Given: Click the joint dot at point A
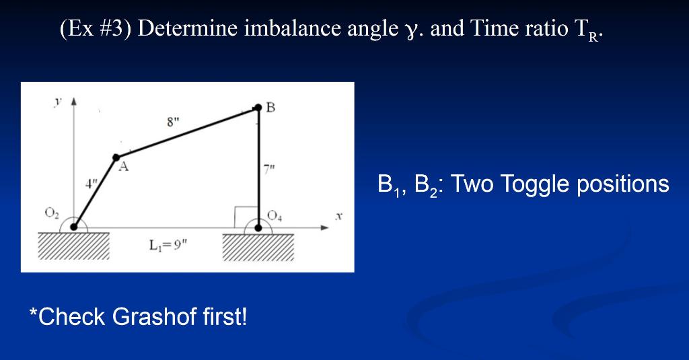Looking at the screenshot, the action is pyautogui.click(x=116, y=157).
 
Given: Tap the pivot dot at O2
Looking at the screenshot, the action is pyautogui.click(x=73, y=227).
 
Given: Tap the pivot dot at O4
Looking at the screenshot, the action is pyautogui.click(x=258, y=227).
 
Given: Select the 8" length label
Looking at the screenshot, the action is pyautogui.click(x=173, y=122).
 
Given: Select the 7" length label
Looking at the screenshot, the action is pyautogui.click(x=269, y=169).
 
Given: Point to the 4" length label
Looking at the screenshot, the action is pyautogui.click(x=91, y=183).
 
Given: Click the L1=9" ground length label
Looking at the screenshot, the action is pyautogui.click(x=168, y=245).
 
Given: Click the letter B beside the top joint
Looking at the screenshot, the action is pyautogui.click(x=270, y=107).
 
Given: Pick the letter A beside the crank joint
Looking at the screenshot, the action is pyautogui.click(x=124, y=167).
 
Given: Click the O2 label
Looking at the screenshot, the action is pyautogui.click(x=51, y=213).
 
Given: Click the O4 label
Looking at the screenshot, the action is pyautogui.click(x=275, y=215).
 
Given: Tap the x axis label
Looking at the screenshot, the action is pyautogui.click(x=338, y=216).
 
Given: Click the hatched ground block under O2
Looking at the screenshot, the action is pyautogui.click(x=74, y=246).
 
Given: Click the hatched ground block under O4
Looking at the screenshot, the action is pyautogui.click(x=258, y=248).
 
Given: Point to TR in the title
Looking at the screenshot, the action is pyautogui.click(x=586, y=30).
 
